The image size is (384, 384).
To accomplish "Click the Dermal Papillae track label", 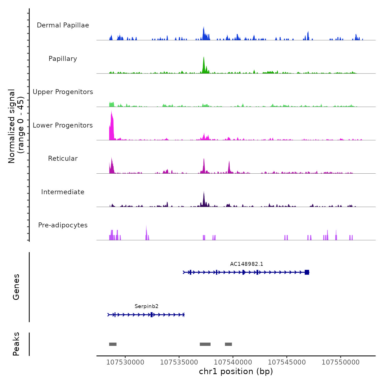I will (x=63, y=25).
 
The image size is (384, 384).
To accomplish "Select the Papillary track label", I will (x=63, y=59).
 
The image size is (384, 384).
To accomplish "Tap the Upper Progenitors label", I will (x=63, y=92).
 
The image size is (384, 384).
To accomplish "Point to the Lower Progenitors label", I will (x=63, y=125).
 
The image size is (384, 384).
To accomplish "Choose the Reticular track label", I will (x=63, y=159).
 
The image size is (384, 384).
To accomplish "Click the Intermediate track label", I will (x=63, y=192).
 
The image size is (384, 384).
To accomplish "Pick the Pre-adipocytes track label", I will (x=63, y=225).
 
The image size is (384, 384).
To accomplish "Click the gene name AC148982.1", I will (x=247, y=264).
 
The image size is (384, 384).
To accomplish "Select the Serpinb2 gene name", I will (x=146, y=306).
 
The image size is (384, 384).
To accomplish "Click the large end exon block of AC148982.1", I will (x=307, y=272).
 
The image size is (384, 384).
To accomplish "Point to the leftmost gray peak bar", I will (x=113, y=344).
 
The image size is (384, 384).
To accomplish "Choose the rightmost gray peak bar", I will (x=228, y=344).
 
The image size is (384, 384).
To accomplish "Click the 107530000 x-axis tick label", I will (x=125, y=362).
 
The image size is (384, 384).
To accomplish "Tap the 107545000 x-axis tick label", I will (x=287, y=362).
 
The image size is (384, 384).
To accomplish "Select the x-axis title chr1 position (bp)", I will (x=236, y=371).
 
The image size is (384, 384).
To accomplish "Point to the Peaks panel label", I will (x=16, y=344).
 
